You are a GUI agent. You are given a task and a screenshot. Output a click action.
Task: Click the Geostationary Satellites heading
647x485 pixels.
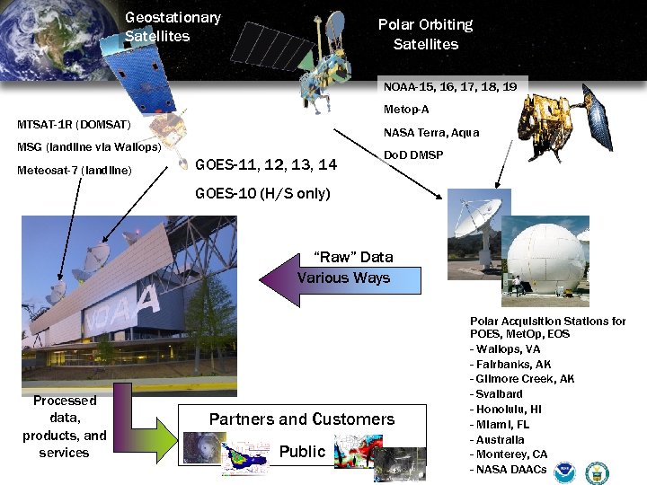click(173, 27)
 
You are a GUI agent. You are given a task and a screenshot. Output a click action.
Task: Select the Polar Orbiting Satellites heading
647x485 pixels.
click(425, 34)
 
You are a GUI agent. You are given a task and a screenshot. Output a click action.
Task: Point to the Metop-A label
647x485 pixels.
click(406, 110)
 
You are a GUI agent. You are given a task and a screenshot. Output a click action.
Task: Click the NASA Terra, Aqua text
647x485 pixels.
click(431, 133)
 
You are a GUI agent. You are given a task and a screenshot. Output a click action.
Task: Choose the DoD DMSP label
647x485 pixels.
click(413, 155)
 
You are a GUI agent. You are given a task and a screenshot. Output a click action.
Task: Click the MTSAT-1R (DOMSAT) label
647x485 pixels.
click(75, 124)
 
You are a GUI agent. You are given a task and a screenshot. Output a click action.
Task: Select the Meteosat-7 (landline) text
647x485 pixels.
click(75, 171)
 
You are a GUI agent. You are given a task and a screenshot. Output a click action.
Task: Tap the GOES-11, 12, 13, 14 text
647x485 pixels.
click(266, 164)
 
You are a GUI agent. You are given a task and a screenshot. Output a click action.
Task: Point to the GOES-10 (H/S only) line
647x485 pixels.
click(262, 194)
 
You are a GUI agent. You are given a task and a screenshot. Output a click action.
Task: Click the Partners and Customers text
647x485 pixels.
click(302, 419)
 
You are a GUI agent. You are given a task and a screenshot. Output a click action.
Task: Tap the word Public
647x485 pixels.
click(302, 452)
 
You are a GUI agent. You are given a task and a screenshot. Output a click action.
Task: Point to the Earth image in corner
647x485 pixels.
click(49, 36)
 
